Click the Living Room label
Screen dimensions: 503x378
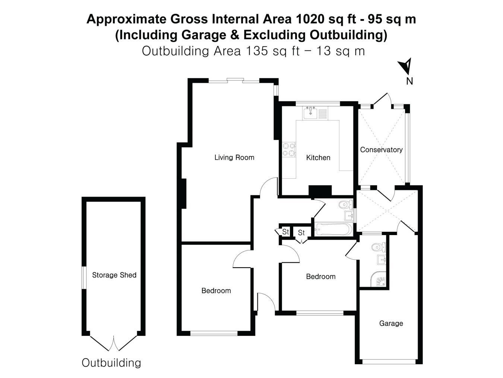tap(234, 157)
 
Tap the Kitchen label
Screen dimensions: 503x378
tap(318, 158)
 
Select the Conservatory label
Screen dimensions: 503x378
tap(381, 150)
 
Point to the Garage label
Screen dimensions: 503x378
tap(391, 324)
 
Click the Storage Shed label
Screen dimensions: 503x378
tap(114, 275)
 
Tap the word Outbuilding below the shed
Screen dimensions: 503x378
tap(111, 363)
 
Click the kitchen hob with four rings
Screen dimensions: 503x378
tap(289, 150)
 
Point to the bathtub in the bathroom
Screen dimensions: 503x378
tap(333, 229)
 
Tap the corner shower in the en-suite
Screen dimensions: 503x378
tap(378, 279)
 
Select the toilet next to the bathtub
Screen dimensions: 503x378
tap(345, 204)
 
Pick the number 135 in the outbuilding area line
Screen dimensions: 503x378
tap(257, 51)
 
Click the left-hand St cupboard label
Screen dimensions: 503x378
tap(285, 232)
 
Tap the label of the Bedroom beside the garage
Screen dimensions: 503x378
tap(320, 277)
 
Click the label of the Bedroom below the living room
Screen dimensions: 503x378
tap(216, 291)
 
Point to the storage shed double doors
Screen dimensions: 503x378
tap(114, 343)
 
